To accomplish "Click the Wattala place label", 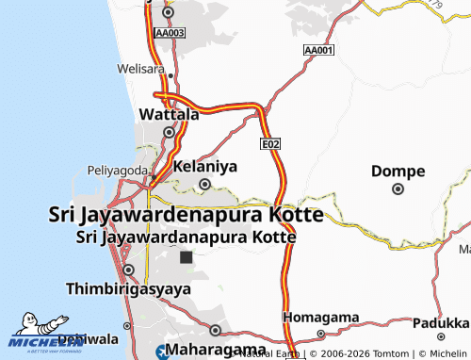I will [x=169, y=114].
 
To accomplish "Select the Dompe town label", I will [x=398, y=171].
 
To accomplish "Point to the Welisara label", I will [x=140, y=69].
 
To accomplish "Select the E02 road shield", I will [x=271, y=143].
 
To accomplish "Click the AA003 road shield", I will [x=171, y=32].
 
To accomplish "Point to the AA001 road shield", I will [x=319, y=49].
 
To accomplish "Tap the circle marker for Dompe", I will [x=398, y=188].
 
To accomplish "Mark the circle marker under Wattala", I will [x=169, y=132].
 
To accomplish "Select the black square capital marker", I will [x=186, y=256].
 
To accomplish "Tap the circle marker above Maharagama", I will [x=216, y=331].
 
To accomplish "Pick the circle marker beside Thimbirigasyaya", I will [x=128, y=270].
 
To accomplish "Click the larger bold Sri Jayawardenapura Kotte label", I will [x=185, y=216].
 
